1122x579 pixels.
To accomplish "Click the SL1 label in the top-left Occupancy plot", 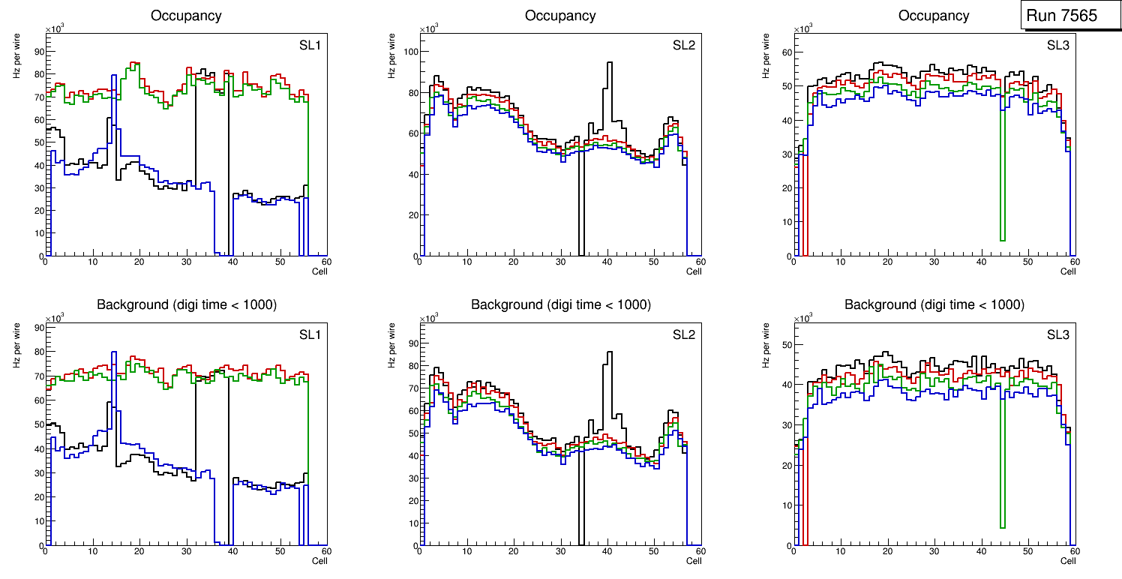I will tap(310, 46).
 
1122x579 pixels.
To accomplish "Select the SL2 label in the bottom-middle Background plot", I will tap(683, 335).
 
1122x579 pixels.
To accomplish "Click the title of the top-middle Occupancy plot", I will tap(560, 16).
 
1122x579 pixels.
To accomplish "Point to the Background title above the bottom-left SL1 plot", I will tap(186, 304).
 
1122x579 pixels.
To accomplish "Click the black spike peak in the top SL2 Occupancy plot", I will tap(609, 63).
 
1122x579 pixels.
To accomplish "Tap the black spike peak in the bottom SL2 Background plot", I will tap(609, 352).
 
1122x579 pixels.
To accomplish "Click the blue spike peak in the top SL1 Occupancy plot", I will tap(113, 76).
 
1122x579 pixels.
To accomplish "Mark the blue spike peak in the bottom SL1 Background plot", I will tap(113, 352).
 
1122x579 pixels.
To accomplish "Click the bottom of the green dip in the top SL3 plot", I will tap(1002, 240).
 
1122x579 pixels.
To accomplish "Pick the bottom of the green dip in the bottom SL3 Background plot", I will tap(1002, 527).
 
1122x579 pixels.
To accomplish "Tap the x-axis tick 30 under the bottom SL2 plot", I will tap(559, 552).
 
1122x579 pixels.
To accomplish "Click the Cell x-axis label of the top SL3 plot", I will tap(1068, 271).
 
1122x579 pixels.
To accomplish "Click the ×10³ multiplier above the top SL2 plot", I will tap(427, 29).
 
